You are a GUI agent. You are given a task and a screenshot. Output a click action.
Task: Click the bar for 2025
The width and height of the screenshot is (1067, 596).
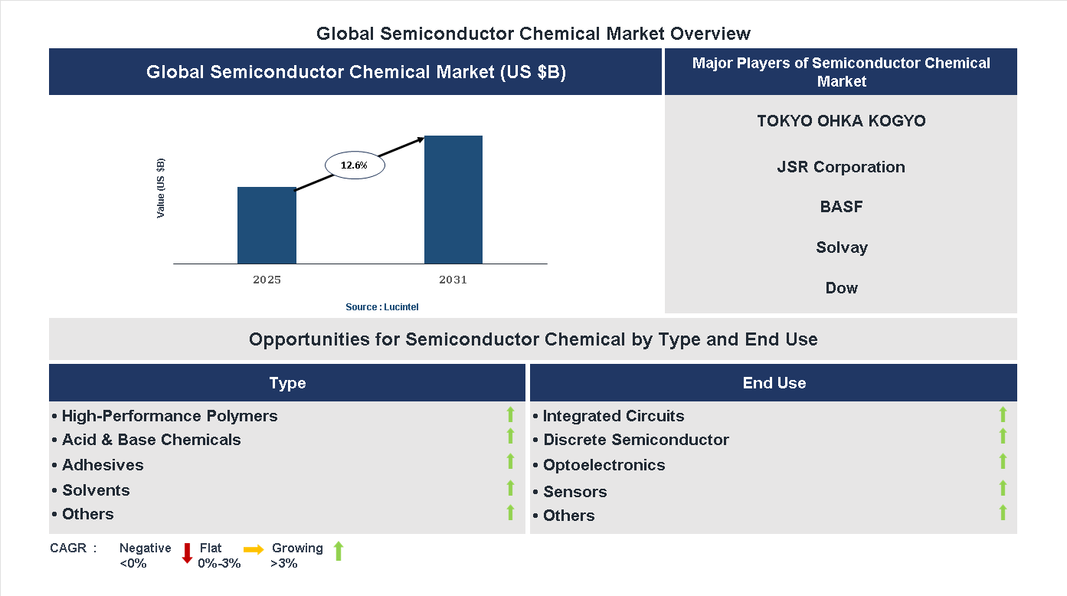click(267, 225)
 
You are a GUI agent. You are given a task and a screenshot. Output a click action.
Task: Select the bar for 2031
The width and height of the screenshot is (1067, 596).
click(453, 200)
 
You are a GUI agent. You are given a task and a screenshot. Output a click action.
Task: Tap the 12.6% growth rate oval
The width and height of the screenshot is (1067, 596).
click(355, 165)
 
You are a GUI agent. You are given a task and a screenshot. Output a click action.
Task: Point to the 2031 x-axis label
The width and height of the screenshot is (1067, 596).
click(453, 280)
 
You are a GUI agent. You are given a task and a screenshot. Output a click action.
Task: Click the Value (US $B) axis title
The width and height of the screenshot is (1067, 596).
click(161, 188)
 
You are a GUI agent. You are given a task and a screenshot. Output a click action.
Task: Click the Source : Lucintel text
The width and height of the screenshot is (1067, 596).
click(381, 307)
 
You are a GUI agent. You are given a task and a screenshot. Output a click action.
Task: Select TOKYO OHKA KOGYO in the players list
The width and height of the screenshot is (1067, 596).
click(841, 121)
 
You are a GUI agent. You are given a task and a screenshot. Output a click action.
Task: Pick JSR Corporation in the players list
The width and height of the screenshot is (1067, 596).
click(841, 167)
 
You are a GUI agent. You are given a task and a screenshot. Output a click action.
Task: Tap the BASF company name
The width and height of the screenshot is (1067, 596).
click(841, 207)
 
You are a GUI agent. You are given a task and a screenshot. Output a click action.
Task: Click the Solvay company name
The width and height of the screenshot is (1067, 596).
click(841, 247)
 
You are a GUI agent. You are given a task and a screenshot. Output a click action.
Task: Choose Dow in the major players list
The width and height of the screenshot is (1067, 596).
click(841, 288)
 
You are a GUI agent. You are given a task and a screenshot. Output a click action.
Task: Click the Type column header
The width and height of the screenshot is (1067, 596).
click(287, 383)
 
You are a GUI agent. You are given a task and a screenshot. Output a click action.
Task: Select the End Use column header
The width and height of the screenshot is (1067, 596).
click(774, 383)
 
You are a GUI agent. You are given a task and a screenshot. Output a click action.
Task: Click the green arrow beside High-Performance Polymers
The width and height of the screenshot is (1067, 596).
click(510, 414)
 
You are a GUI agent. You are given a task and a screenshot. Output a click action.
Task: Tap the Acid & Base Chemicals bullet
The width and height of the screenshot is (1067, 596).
click(151, 440)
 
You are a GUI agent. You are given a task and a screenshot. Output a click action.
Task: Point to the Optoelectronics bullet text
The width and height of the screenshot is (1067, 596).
click(604, 465)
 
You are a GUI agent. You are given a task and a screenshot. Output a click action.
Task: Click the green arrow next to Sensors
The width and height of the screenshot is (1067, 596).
click(1003, 488)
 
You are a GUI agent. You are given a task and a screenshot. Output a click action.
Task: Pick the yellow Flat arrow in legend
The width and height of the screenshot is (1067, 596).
click(254, 550)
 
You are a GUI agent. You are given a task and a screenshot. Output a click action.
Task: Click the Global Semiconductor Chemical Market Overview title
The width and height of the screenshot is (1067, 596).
click(533, 34)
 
